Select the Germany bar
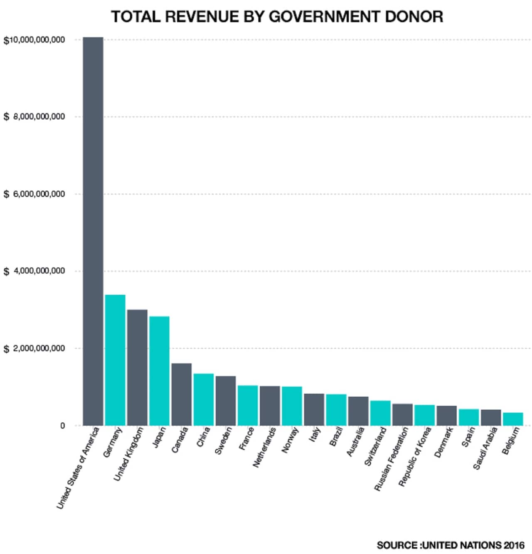(x=115, y=360)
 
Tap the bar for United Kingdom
(x=137, y=367)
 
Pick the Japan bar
(x=159, y=371)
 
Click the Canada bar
(x=182, y=394)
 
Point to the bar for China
(x=204, y=399)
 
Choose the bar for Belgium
(x=513, y=419)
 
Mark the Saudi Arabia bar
(x=491, y=417)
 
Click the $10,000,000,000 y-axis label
(x=34, y=40)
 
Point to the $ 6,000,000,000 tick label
(x=34, y=194)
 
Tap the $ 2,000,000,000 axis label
(x=34, y=348)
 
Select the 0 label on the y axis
(x=62, y=426)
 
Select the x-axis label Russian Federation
(x=391, y=459)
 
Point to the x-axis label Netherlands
(x=264, y=447)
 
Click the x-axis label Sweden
(x=224, y=441)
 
